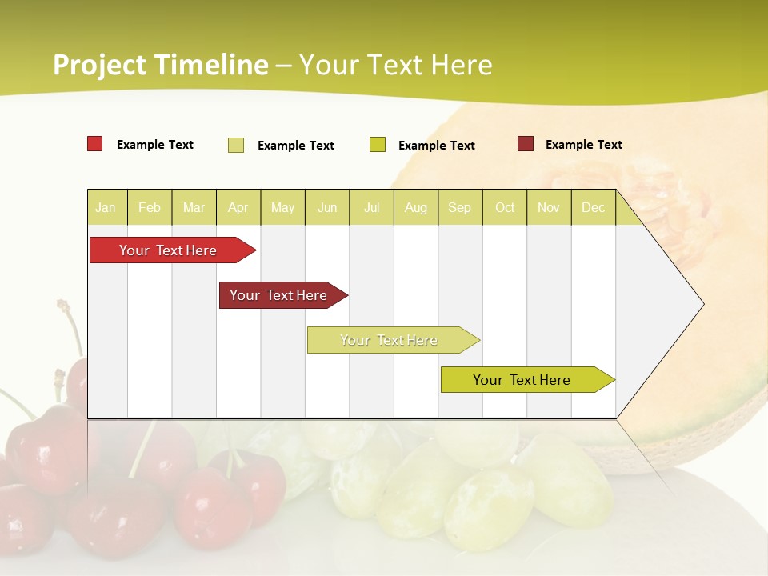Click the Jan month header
point(106,207)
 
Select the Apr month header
point(238,207)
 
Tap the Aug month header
point(415,207)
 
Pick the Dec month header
point(593,207)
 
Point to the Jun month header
point(327,207)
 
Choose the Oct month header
point(505,207)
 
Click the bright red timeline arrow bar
point(168,250)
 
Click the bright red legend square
point(94,144)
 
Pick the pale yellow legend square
point(235,145)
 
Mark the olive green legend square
point(378,144)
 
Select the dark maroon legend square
point(525,144)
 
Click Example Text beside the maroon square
point(583,144)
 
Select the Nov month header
point(548,207)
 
